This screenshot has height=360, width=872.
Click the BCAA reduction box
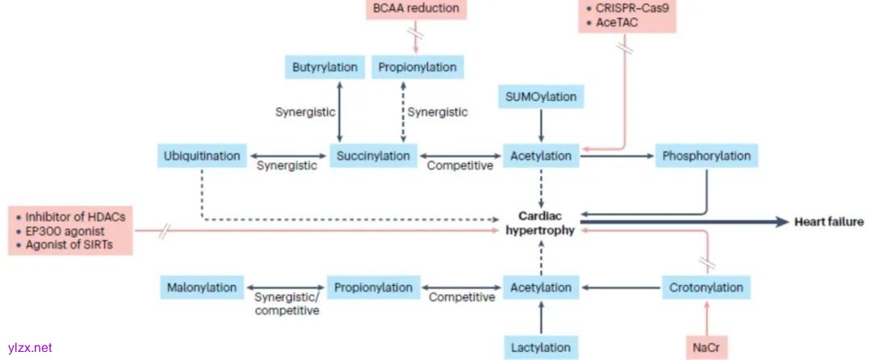416,10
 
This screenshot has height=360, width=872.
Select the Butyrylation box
325,67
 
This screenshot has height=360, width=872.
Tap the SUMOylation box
541,97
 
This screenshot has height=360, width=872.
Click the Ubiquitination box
201,156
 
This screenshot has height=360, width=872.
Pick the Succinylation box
372,156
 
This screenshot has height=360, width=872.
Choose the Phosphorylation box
706,156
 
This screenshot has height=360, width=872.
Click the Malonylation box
202,287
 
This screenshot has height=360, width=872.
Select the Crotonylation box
706,287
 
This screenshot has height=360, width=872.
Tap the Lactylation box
541,348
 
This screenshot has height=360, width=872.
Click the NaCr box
706,348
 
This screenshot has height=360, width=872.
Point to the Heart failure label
828,222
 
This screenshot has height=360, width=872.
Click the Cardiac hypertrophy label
540,223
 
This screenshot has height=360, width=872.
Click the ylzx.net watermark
29,348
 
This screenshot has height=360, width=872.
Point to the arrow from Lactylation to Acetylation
541,317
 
